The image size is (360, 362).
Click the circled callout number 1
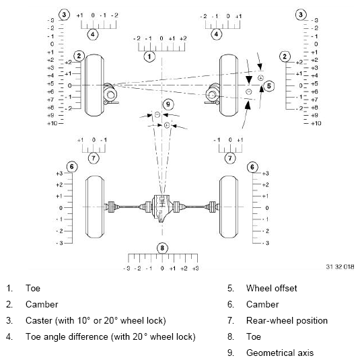point(149,57)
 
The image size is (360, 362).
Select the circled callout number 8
point(162,248)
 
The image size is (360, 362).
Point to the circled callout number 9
point(168,104)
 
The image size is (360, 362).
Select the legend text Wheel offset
point(271,288)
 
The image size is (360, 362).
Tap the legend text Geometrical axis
point(280,353)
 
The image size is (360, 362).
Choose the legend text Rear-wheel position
point(287,320)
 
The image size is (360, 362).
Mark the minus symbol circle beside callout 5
point(249,91)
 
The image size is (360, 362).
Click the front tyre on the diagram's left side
point(94,85)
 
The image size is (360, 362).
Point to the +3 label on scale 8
point(195,268)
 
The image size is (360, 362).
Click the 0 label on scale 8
point(162,268)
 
